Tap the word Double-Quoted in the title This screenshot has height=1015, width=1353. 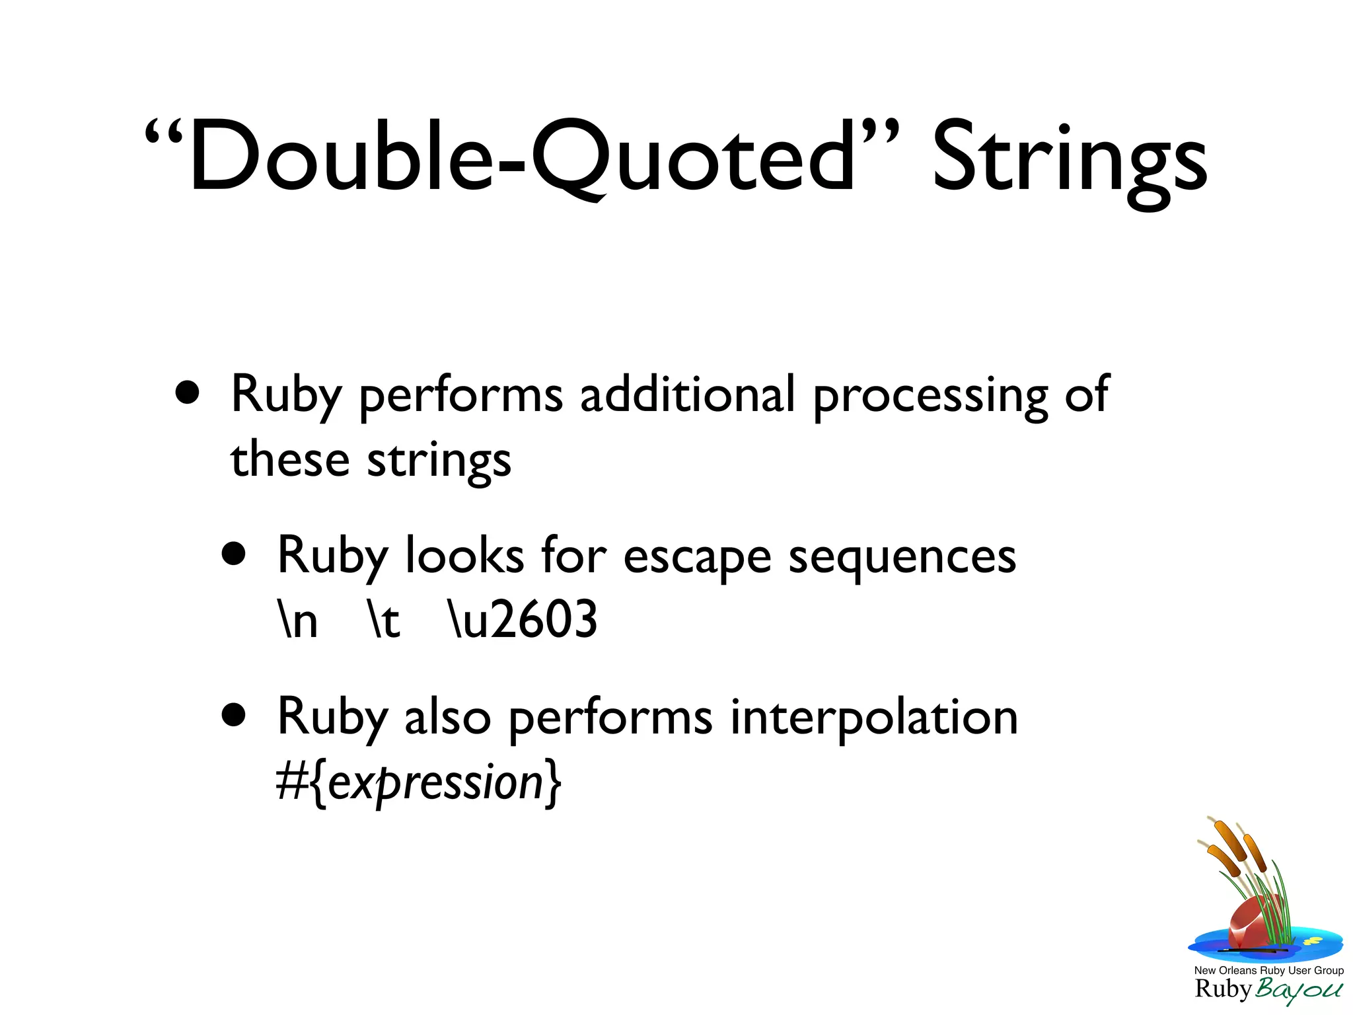pos(522,159)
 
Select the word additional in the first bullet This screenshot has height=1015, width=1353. pos(687,395)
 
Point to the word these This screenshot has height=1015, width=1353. pos(289,459)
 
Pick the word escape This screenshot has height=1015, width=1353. pos(697,556)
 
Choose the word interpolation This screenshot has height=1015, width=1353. pos(873,717)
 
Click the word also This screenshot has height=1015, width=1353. pos(447,717)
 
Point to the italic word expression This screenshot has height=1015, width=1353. pos(435,784)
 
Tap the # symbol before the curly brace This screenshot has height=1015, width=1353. pos(291,782)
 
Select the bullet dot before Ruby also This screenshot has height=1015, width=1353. pos(234,715)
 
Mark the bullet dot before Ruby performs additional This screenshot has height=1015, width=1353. pos(188,393)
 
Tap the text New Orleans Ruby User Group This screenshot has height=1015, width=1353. pos(1268,970)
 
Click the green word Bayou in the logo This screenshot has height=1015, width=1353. pos(1299,990)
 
